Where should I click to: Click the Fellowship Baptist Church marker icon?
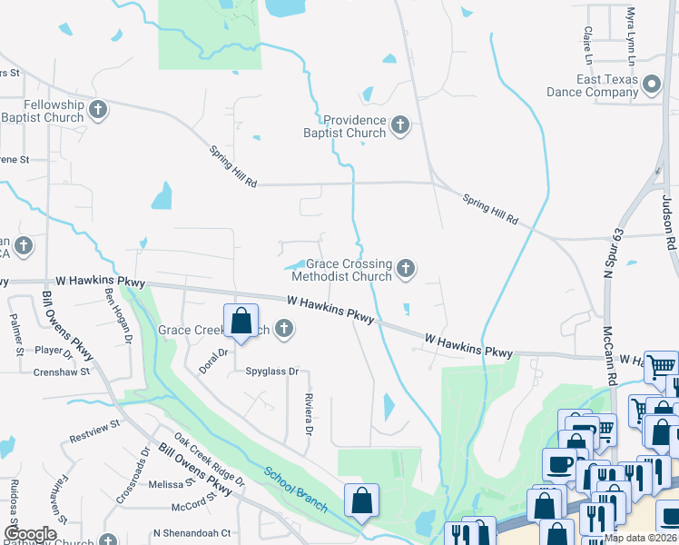(x=99, y=111)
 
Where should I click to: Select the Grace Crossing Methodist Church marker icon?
(x=406, y=268)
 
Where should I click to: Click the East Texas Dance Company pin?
(x=651, y=85)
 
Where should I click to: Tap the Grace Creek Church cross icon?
(x=284, y=329)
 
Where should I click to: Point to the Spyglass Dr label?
(x=272, y=372)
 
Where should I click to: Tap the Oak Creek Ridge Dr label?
(x=210, y=458)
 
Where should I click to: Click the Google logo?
(x=30, y=534)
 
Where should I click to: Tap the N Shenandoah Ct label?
(x=192, y=533)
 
